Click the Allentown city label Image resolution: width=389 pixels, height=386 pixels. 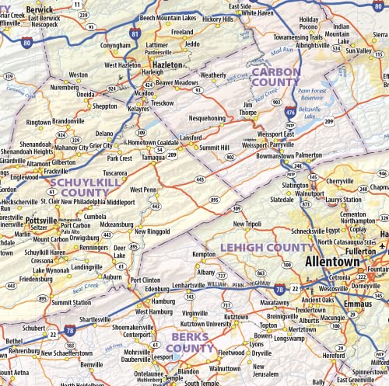click(x=332, y=262)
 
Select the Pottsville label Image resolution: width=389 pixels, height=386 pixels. click(x=41, y=220)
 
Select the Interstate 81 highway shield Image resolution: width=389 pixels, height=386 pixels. click(x=136, y=35)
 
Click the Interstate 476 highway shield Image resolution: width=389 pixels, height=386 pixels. click(x=289, y=112)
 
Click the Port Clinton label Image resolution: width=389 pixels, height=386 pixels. click(x=145, y=280)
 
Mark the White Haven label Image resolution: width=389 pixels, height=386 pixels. click(x=257, y=13)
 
